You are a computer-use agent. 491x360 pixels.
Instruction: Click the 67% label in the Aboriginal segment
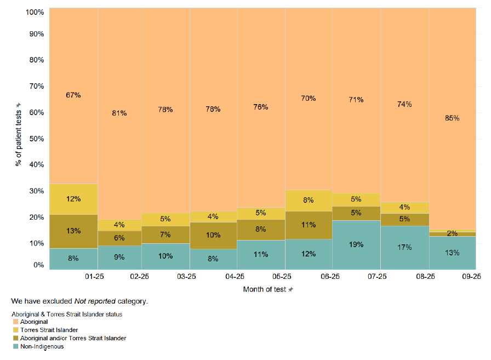73,95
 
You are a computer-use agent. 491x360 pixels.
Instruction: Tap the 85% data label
452,118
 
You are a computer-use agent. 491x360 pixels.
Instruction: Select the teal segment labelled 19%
356,244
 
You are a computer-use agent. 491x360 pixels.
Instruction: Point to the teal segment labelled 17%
404,247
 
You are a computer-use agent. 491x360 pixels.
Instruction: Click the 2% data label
452,233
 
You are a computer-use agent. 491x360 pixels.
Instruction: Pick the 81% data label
119,113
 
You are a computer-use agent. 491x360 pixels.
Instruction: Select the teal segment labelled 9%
119,257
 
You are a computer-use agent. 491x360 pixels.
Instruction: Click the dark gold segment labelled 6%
119,238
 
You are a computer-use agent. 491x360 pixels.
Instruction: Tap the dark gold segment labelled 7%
165,235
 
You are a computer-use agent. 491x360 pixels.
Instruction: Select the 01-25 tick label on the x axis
94,277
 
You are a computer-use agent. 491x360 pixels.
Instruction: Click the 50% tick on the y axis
35,139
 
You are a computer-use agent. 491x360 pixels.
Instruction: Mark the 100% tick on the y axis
33,12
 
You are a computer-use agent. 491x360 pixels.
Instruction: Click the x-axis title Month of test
265,289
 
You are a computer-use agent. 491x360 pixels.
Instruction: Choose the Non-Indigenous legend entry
42,346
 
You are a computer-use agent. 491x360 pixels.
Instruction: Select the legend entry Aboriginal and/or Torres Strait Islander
73,338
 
